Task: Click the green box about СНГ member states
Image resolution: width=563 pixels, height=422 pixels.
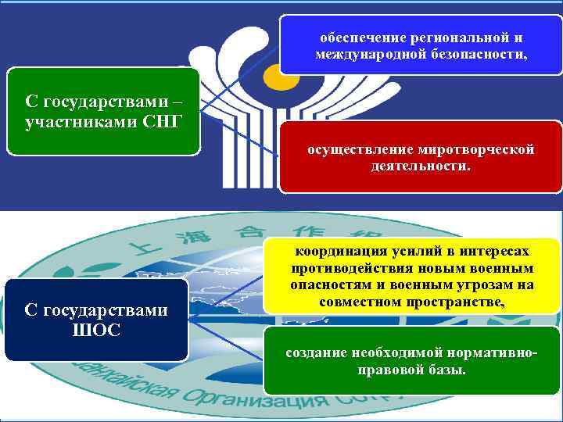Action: click(x=103, y=111)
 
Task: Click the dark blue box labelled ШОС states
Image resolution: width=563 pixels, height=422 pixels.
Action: click(x=96, y=320)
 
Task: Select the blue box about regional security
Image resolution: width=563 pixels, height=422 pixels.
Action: click(x=421, y=45)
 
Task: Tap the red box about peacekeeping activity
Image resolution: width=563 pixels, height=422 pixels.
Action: click(x=421, y=156)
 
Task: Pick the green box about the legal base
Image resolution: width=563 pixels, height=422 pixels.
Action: click(x=412, y=359)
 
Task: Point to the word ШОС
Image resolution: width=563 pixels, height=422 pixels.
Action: click(x=96, y=330)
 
